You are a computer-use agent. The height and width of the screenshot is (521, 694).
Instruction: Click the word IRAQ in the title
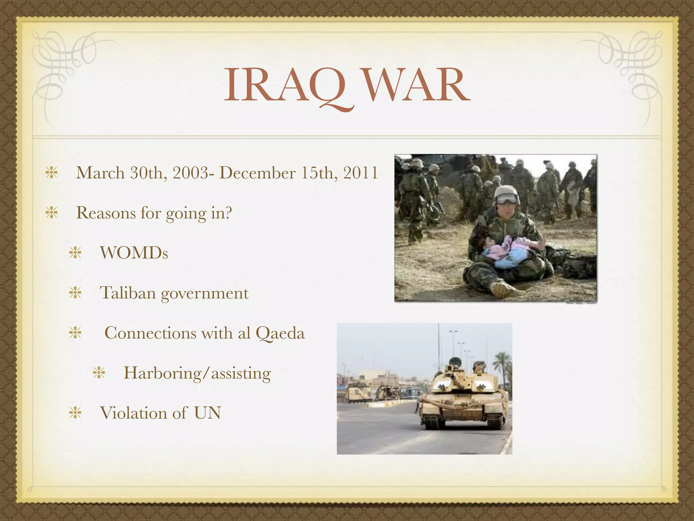[285, 85]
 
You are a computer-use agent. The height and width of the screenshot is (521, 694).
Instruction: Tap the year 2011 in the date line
[361, 173]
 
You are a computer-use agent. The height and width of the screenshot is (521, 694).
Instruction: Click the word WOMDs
[134, 253]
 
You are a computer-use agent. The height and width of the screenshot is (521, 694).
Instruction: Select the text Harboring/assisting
[197, 373]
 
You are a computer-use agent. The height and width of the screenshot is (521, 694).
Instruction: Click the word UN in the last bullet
[207, 413]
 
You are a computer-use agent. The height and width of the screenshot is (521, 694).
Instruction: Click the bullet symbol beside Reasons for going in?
[52, 213]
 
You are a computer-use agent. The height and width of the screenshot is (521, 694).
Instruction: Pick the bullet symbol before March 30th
[52, 173]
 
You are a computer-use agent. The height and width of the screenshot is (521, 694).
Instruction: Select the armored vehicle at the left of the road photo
[358, 393]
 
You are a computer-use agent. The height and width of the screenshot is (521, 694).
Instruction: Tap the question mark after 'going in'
[228, 213]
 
